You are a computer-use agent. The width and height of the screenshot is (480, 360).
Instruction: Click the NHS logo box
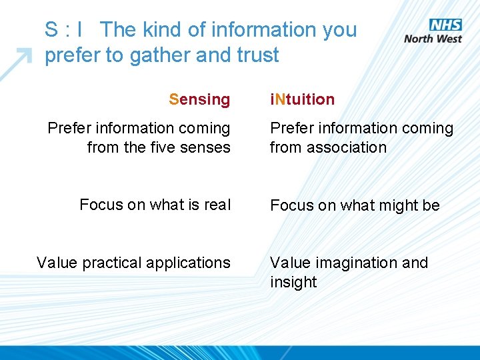(445, 25)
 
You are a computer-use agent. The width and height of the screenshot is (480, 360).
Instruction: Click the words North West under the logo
(433, 39)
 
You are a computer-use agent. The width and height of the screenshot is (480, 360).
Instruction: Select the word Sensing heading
(199, 100)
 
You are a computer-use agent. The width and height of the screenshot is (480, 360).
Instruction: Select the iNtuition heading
(302, 100)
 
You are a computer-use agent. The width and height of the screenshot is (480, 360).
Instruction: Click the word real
(217, 205)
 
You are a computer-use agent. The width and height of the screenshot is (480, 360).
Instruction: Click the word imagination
(357, 263)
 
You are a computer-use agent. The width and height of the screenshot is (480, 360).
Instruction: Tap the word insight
(293, 283)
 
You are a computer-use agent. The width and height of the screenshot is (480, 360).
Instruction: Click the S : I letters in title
(64, 30)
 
